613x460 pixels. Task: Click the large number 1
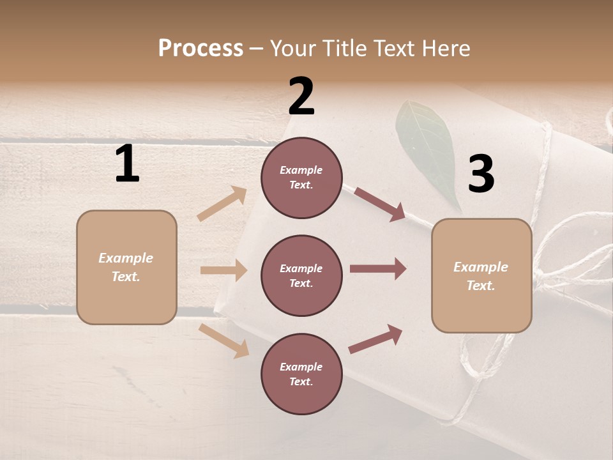point(127,164)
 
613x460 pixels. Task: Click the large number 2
point(301,96)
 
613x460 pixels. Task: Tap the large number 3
point(481,174)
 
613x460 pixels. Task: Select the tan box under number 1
point(126,267)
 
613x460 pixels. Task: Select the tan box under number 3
point(481,275)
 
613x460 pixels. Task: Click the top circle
point(301,178)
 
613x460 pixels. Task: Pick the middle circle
point(301,275)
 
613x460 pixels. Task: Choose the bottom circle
point(301,374)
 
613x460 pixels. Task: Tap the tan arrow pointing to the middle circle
point(223,270)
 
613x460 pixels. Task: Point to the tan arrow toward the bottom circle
point(224,341)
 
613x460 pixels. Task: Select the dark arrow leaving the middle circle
point(378,268)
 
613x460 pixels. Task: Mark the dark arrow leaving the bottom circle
point(376,339)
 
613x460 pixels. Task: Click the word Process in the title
point(201,48)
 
